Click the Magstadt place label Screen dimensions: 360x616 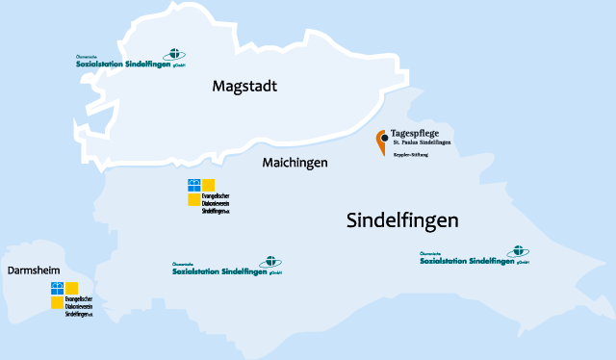244,87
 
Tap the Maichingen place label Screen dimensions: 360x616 295,163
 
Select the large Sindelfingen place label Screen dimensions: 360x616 402,220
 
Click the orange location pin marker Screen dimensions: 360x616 381,142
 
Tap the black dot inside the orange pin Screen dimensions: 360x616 382,138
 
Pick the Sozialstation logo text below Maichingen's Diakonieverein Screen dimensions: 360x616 216,271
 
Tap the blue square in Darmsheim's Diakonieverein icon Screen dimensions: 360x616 57,288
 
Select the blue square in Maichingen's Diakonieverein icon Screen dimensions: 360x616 194,184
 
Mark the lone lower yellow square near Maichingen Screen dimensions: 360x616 194,199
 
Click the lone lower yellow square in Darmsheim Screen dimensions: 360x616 57,302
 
